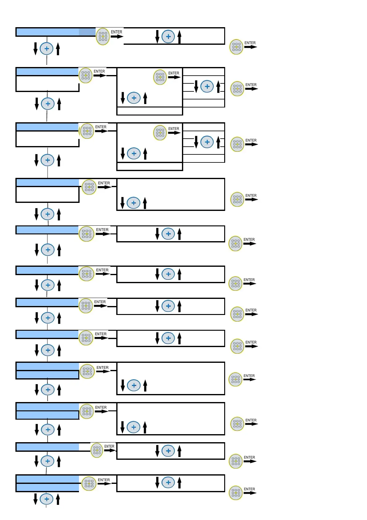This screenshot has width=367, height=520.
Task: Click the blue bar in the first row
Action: pos(56,32)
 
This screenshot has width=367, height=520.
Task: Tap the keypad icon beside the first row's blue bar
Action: pos(103,36)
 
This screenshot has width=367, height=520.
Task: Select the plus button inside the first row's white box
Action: pos(168,36)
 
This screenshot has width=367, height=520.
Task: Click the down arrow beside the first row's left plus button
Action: pos(35,48)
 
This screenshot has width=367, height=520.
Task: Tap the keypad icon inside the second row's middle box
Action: pos(160,77)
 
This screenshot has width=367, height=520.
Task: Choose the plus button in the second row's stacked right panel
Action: pos(207,86)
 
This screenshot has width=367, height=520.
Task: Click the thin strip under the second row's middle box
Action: pos(150,111)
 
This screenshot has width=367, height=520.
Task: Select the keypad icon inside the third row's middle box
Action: pos(160,132)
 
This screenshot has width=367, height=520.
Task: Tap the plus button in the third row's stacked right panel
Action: pos(207,142)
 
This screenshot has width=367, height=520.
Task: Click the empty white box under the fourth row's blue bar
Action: pos(47,195)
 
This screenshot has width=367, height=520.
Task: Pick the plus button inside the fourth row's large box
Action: pos(134,203)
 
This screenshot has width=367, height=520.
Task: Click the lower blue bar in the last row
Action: pos(47,488)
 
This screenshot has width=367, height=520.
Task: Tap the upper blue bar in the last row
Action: pos(47,479)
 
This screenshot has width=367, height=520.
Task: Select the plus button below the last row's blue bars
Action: pos(47,499)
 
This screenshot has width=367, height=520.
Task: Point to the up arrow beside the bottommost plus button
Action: pos(58,499)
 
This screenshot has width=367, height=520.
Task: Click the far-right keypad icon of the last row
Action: pos(236,493)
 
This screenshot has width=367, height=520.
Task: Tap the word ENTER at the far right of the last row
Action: pos(249,489)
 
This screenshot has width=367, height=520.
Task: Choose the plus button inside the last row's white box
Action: pos(168,482)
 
